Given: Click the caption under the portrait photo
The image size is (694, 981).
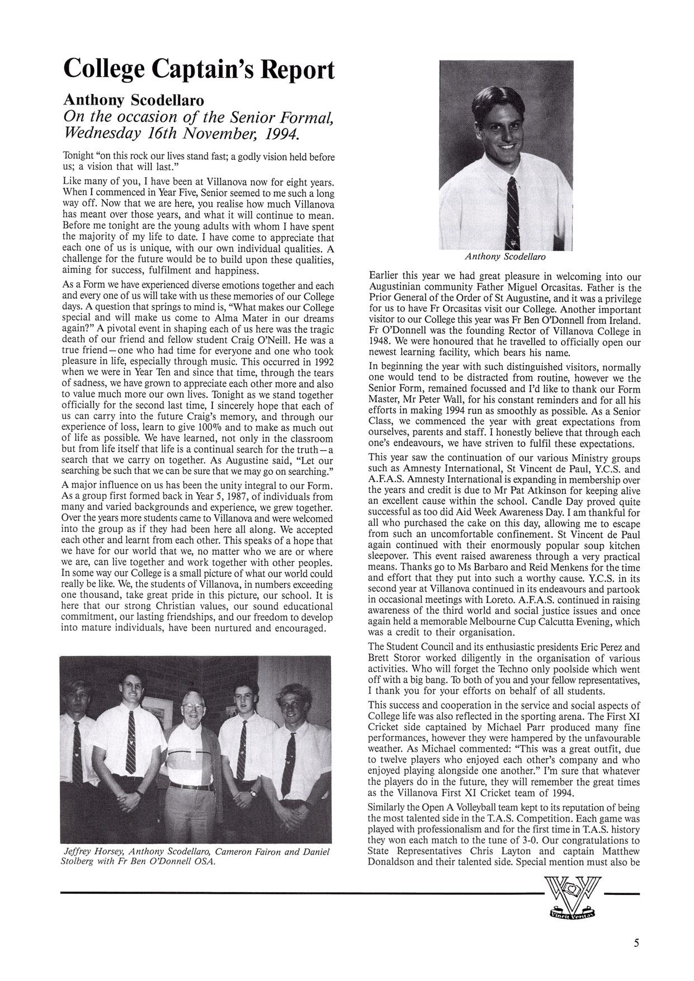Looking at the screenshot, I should [506, 257].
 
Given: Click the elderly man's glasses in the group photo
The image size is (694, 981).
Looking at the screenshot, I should [191, 706].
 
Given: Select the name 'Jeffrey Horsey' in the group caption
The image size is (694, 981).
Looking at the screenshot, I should [92, 851].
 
